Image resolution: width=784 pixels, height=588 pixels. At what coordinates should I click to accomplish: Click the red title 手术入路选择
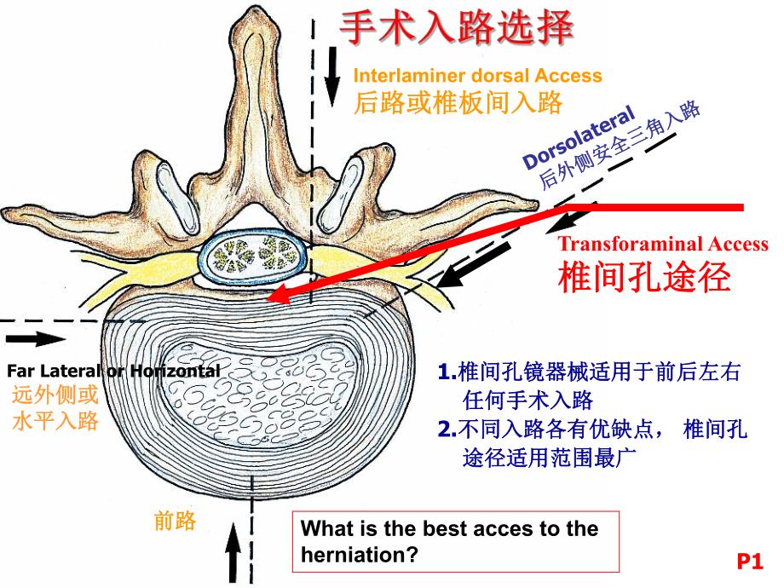click(456, 28)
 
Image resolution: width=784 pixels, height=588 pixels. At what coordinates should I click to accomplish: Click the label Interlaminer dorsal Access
click(477, 76)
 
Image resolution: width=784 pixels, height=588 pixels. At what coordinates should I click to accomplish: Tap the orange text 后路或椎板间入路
click(458, 103)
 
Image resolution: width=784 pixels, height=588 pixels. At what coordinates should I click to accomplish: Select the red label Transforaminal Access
click(662, 244)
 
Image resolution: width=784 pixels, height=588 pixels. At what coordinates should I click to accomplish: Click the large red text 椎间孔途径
click(644, 276)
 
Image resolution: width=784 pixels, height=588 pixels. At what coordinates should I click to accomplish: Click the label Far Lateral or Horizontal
click(112, 371)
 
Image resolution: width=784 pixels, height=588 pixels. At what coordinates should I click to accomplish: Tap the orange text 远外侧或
click(55, 395)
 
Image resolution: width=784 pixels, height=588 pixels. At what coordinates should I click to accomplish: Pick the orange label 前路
click(175, 521)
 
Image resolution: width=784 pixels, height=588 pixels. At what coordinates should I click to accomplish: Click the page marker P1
click(749, 562)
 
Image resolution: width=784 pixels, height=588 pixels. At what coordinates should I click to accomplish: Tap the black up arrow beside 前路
click(234, 552)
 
